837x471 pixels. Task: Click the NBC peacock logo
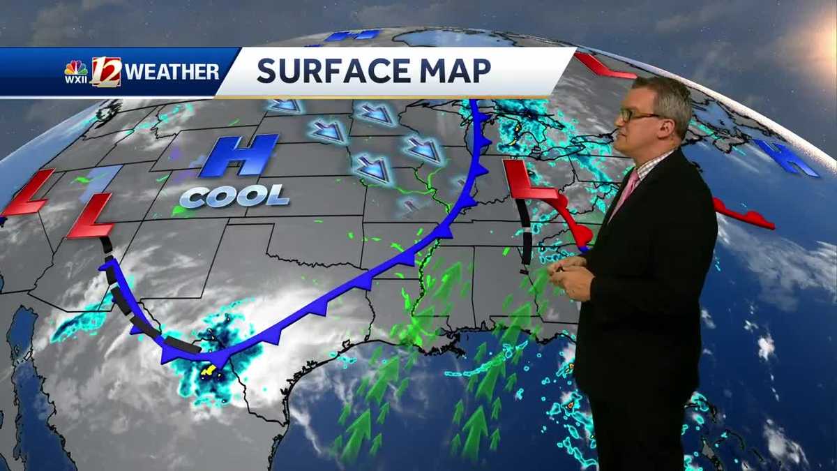76,68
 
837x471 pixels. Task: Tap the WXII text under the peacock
76,80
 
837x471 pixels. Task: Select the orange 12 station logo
106,71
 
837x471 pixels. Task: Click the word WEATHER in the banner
172,72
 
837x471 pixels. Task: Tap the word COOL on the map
234,195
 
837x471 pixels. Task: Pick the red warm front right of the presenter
743,217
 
